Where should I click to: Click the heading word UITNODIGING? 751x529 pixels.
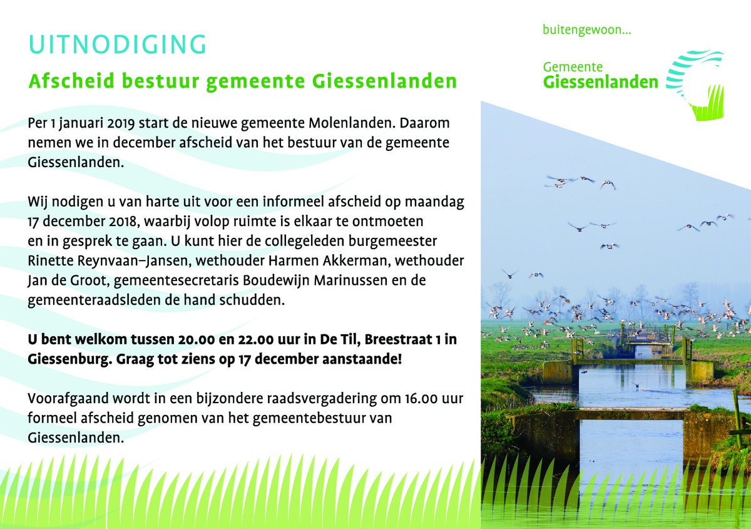(117, 45)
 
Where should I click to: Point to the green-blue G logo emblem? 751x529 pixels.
(694, 85)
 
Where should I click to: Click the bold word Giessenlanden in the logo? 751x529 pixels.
(600, 81)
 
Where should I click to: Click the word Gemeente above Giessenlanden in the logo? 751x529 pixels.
(573, 66)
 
